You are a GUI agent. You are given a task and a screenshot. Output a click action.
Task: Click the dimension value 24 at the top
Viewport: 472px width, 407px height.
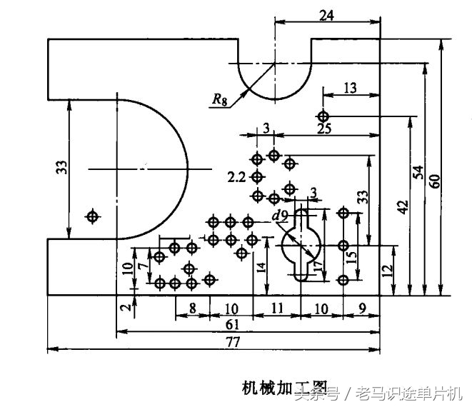pos(326,14)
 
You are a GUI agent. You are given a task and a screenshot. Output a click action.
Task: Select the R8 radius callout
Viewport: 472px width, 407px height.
pos(220,100)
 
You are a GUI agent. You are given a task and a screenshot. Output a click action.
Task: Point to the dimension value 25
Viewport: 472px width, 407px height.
pos(324,129)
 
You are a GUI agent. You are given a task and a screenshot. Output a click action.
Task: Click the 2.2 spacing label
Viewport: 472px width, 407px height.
pos(237,176)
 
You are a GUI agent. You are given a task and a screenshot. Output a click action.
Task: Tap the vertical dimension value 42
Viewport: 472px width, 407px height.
pos(403,207)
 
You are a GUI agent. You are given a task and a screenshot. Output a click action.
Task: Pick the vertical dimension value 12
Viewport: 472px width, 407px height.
pos(387,271)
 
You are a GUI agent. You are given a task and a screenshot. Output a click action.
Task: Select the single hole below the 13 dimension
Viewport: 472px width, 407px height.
pos(323,116)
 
